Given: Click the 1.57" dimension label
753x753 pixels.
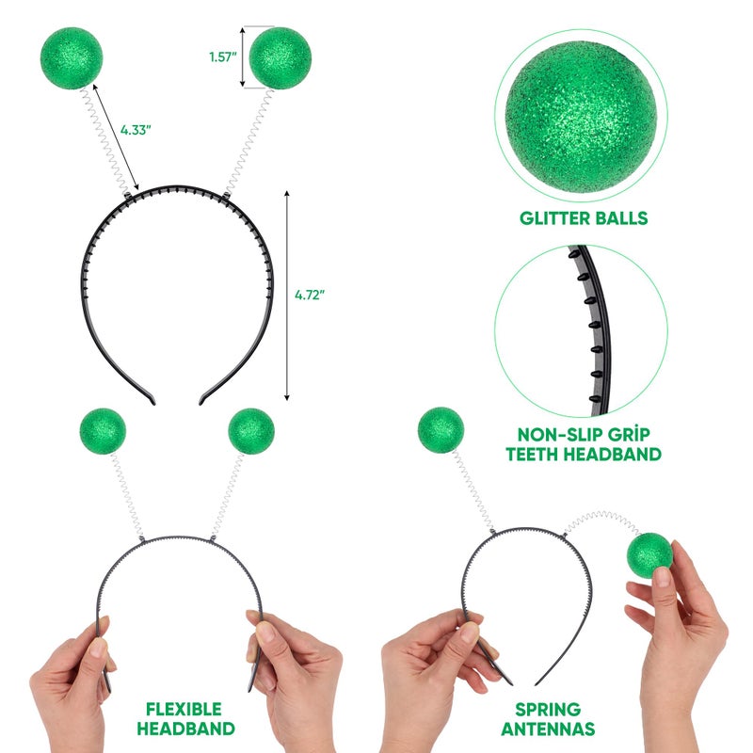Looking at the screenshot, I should (x=221, y=56).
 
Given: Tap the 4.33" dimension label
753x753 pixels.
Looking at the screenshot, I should (x=136, y=132).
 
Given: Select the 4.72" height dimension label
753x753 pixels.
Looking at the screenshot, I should (x=310, y=295).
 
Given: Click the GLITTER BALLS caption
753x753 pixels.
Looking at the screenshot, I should (x=584, y=218).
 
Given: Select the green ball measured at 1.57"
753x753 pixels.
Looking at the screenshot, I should (x=280, y=57).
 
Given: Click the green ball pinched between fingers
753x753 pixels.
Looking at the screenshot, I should (x=649, y=555).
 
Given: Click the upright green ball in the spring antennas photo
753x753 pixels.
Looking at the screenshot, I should (x=440, y=429).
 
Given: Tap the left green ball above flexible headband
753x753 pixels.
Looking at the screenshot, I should (x=103, y=430).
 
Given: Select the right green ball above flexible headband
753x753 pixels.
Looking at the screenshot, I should (x=251, y=430).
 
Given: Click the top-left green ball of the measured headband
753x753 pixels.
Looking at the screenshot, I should (x=71, y=57).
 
